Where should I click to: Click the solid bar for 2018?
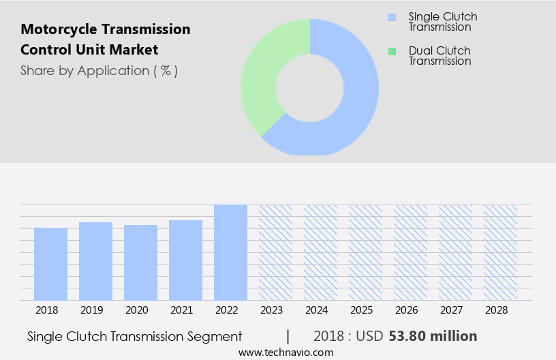coord(51,264)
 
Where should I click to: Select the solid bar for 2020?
coord(141,262)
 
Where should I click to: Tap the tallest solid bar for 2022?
coord(231,252)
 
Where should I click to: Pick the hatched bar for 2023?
coord(276,252)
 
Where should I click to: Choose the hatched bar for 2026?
coord(411,252)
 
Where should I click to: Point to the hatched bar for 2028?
coord(501,252)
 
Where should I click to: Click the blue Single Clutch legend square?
coord(391,16)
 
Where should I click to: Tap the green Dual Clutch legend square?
coord(391,51)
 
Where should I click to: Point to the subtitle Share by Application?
coord(99,71)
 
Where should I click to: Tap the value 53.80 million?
coord(433,336)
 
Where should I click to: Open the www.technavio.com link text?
coord(286,352)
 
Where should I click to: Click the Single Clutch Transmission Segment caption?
coord(135,336)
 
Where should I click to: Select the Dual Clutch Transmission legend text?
coord(439,56)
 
